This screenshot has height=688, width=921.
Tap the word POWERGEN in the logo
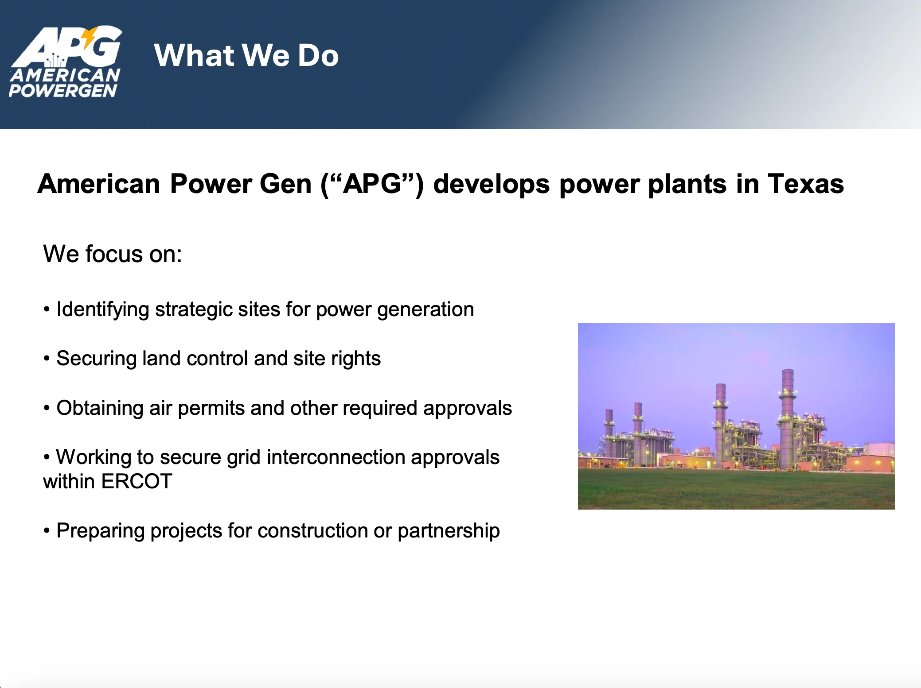coord(63,91)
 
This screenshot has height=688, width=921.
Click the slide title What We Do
coord(246,55)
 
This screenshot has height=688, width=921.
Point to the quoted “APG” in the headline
coord(372,184)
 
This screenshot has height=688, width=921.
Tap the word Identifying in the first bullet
coord(103,309)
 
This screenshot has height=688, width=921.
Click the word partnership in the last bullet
coord(449,531)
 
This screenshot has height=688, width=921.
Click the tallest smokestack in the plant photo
coord(787,418)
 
